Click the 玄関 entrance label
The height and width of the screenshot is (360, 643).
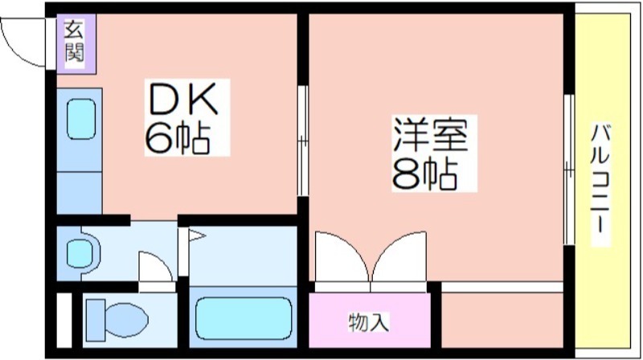click(x=74, y=42)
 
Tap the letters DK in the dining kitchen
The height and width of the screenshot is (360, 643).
click(x=183, y=99)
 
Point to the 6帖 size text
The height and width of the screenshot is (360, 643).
click(x=177, y=138)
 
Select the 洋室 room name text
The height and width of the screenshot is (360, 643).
click(x=431, y=134)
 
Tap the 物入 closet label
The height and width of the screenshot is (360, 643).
click(x=368, y=322)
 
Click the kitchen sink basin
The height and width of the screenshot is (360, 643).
click(x=81, y=119)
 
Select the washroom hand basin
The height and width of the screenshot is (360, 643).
click(x=80, y=253)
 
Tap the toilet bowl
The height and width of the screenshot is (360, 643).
click(x=126, y=320)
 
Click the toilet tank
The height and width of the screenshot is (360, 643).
click(x=96, y=321)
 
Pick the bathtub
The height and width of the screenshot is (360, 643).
click(x=244, y=318)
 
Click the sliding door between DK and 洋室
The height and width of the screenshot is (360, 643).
click(x=303, y=141)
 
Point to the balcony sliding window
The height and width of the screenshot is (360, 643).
click(x=569, y=170)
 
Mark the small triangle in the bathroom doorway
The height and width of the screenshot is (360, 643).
click(x=196, y=235)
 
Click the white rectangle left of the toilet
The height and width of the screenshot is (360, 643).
click(x=64, y=321)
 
